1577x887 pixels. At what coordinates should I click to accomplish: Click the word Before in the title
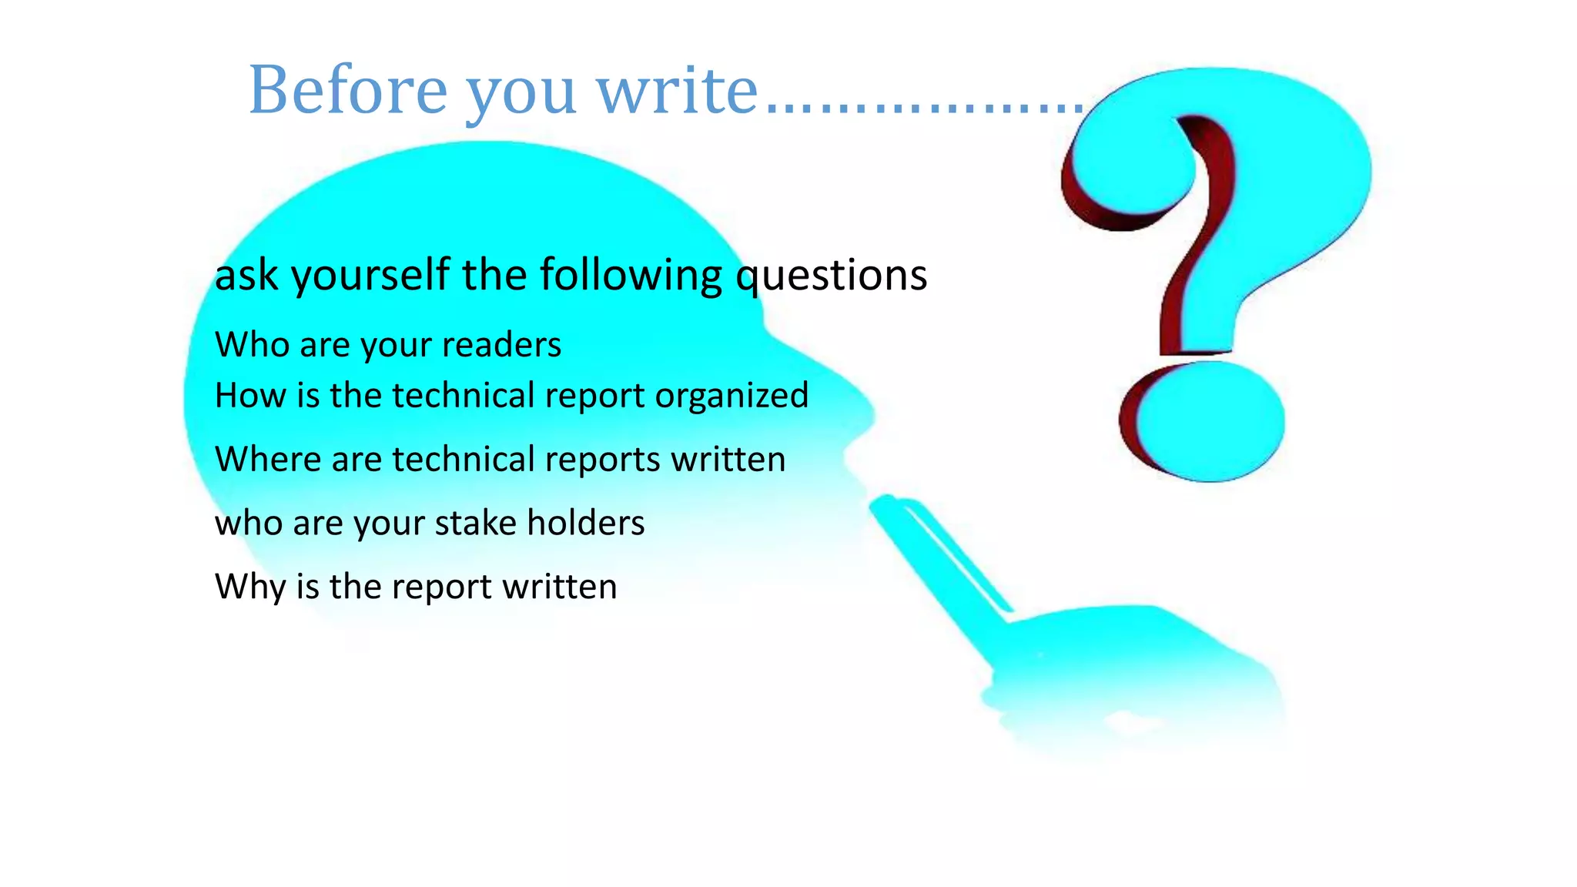point(347,91)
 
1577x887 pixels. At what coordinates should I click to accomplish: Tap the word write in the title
point(678,91)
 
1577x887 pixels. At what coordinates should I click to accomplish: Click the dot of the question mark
point(1206,422)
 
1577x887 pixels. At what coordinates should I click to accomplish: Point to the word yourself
point(370,276)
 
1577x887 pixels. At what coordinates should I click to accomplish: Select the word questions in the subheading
point(832,276)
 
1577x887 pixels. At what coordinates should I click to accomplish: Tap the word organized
point(732,396)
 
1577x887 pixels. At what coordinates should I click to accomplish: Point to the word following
point(631,276)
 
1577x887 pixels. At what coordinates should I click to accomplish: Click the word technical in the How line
point(463,396)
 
